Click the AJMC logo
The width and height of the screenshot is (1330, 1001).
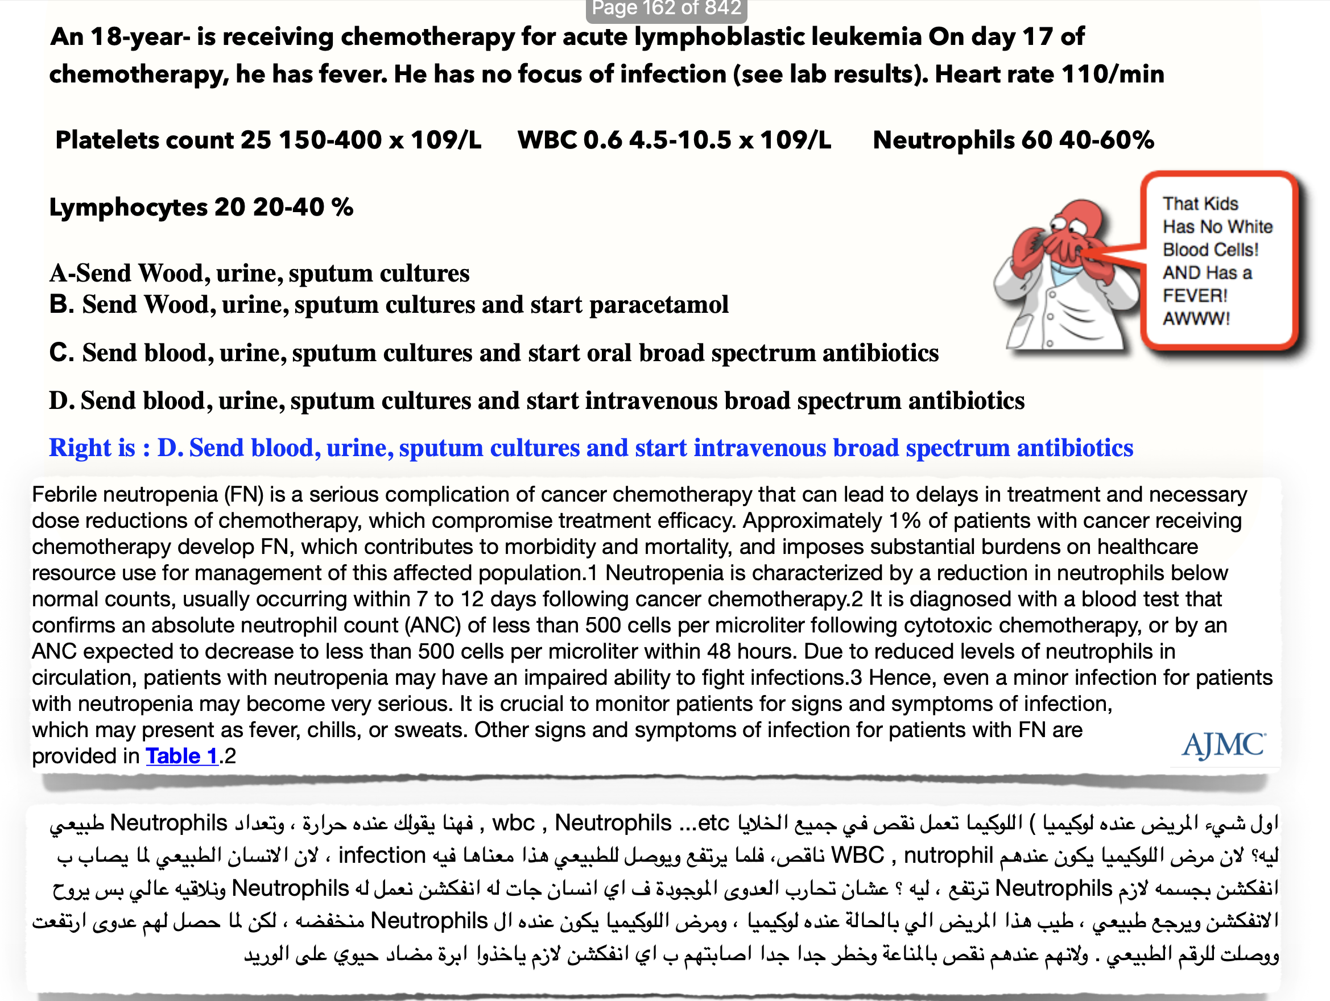pos(1223,746)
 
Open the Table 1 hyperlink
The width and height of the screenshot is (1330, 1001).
pos(181,756)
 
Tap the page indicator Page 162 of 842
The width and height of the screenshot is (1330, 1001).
pos(666,9)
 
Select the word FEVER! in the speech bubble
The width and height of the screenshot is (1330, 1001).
pos(1195,296)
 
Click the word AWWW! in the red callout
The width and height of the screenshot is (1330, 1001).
pos(1196,318)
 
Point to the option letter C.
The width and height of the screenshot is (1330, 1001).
pos(61,353)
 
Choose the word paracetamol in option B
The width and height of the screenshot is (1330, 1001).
pos(658,305)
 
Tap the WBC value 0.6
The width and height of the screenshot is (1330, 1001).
pos(602,140)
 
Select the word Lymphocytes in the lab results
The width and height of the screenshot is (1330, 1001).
pos(128,208)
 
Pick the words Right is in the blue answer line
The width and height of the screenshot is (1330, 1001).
pos(92,448)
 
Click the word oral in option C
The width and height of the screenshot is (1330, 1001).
pos(604,353)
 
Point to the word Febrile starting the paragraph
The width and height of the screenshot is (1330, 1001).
pos(64,494)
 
